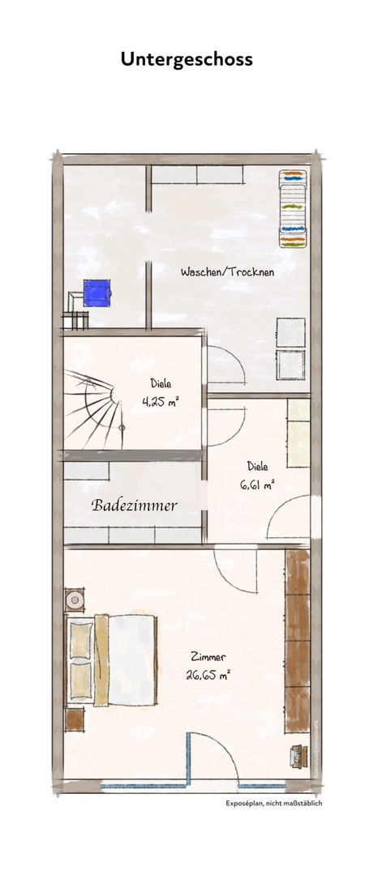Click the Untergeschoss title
coord(186,59)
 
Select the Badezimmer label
coord(134,506)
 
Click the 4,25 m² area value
coord(160,402)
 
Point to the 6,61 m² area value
coord(257,485)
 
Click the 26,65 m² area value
coord(208,675)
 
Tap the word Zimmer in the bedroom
coord(208,657)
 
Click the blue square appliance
coord(96,293)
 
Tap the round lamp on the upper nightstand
coord(75,600)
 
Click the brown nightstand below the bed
coord(75,720)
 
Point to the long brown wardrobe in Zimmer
coord(297,642)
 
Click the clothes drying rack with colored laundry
coord(294,208)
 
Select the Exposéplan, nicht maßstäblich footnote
coord(273,804)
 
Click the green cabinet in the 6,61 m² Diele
coord(298,433)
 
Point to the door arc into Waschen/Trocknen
coord(232,363)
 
